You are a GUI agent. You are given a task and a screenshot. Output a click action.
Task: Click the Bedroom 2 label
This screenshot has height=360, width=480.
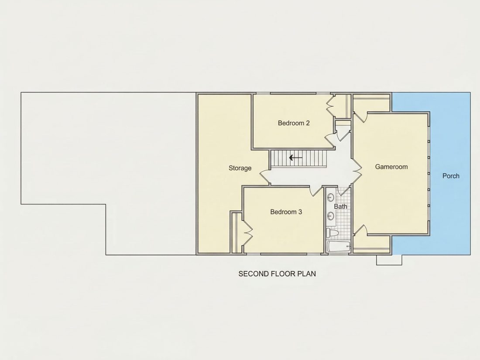tap(294, 123)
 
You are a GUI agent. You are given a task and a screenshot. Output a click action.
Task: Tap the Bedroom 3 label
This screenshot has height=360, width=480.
tap(286, 212)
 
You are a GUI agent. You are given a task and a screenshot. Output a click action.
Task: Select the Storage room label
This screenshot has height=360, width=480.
tap(240, 168)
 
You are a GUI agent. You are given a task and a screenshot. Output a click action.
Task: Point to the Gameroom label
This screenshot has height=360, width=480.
tap(391, 167)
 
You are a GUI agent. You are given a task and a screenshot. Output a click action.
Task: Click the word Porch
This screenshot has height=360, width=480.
tap(451, 176)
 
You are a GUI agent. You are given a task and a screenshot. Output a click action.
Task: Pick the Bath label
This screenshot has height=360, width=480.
tap(340, 206)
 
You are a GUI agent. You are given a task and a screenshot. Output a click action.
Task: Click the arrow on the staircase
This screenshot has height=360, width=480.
tap(296, 158)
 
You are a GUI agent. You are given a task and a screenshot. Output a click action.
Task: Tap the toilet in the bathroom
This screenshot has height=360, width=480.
tap(332, 233)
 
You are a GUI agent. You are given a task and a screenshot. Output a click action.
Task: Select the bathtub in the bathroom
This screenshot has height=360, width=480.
tap(339, 247)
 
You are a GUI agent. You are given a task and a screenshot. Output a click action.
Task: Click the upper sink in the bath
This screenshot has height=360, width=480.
tap(331, 197)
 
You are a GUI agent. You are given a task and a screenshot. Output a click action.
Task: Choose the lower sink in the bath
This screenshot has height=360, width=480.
tap(331, 216)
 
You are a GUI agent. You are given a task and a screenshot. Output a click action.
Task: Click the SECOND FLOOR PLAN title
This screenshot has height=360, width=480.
tap(277, 274)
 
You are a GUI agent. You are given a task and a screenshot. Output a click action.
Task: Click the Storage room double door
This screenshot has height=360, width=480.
tap(265, 177)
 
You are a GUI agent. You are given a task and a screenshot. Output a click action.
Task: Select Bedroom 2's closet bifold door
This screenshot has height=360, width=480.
tap(330, 106)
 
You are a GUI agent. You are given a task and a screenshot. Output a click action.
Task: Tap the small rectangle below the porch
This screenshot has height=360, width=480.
tap(389, 260)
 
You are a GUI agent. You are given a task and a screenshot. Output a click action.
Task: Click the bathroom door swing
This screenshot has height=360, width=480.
tap(344, 191)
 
